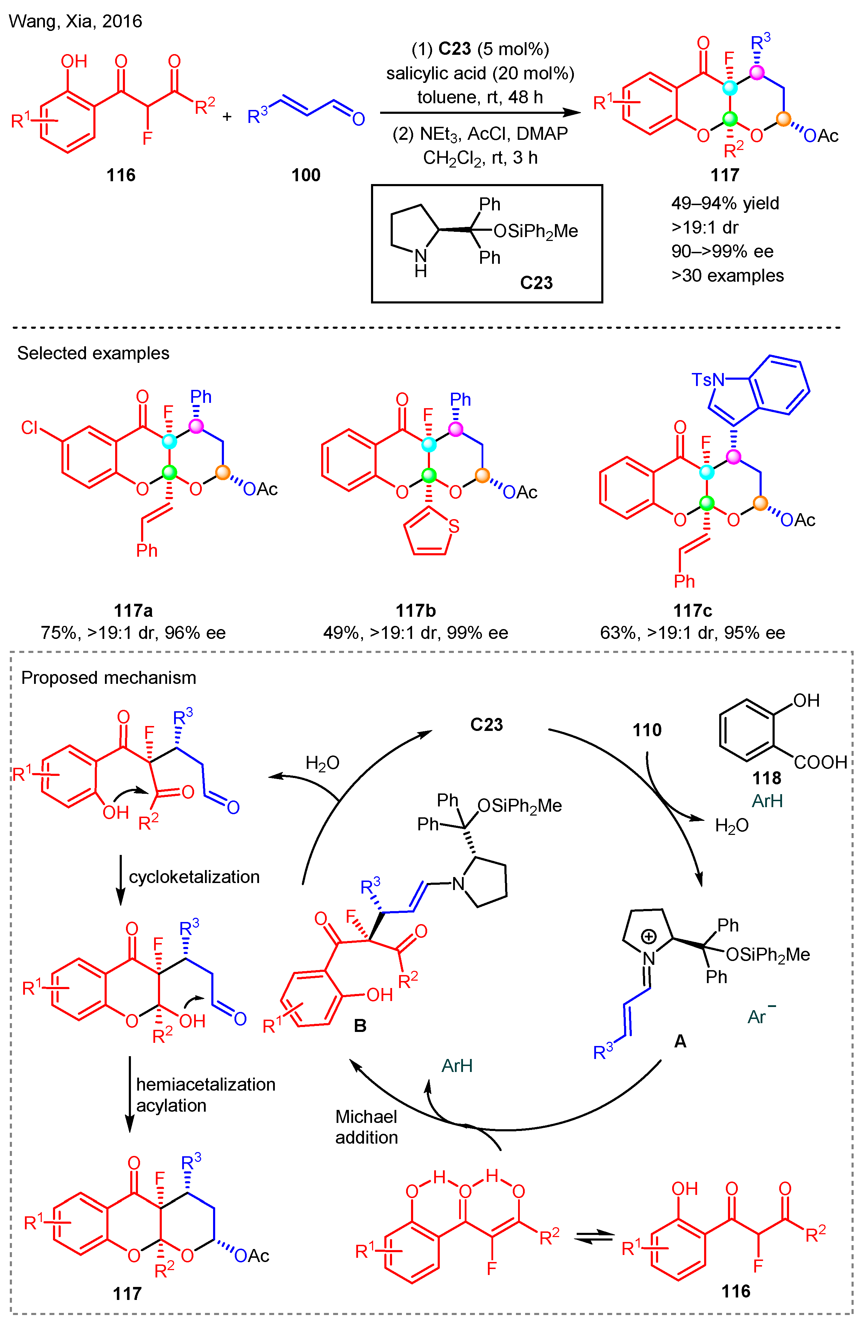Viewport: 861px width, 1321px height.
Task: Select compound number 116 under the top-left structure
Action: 121,175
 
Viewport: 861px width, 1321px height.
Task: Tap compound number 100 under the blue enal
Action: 306,175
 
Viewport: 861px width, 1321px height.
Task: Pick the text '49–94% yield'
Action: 725,203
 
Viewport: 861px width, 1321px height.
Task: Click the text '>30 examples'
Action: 727,275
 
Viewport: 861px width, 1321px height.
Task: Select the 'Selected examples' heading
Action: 93,353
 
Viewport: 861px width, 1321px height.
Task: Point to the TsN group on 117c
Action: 707,380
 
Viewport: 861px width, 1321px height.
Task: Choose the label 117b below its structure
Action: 416,610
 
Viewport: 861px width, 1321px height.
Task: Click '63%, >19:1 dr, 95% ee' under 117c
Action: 693,633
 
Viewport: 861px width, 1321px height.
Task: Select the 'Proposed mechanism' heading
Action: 109,678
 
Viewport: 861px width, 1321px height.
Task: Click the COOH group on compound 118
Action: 820,762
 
